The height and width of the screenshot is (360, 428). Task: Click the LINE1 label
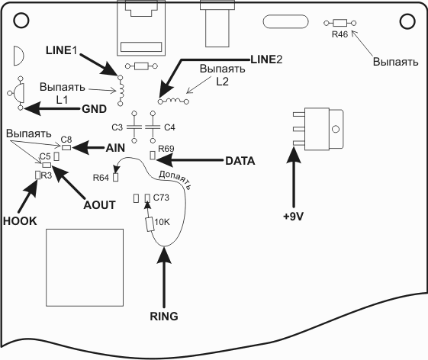[62, 50]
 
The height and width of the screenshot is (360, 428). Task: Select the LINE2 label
[266, 59]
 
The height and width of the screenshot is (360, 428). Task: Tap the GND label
[94, 109]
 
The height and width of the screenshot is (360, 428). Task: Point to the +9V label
[294, 217]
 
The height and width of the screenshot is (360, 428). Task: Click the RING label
[164, 317]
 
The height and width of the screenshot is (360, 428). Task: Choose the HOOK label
[20, 221]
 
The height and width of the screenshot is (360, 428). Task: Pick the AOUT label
[100, 205]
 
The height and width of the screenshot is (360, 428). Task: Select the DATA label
[240, 161]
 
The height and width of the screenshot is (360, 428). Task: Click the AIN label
[115, 148]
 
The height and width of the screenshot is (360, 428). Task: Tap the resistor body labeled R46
[340, 23]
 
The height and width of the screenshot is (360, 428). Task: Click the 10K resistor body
[150, 224]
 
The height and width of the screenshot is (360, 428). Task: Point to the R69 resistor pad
[153, 156]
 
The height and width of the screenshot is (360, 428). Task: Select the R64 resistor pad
[116, 178]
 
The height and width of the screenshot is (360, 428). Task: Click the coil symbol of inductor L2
[174, 100]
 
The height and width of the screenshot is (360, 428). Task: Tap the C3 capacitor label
[117, 127]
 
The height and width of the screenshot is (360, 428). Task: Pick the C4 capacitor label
[169, 127]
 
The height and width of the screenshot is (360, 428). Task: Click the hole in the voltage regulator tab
[336, 129]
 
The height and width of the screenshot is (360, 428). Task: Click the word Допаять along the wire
[175, 179]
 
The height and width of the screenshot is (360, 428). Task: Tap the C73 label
[161, 198]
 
